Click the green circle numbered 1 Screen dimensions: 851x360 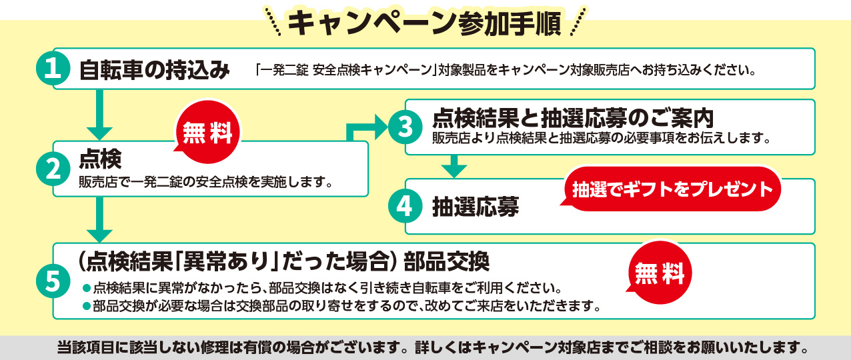tap(53, 69)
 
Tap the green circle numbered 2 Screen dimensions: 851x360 tap(53, 169)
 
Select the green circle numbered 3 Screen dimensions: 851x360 tap(405, 127)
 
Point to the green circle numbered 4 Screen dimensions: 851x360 tap(405, 206)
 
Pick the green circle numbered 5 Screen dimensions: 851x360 tap(53, 281)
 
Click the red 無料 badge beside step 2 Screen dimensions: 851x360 tap(207, 132)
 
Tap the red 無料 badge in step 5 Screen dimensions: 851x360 tap(660, 273)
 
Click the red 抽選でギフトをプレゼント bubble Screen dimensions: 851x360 tap(672, 189)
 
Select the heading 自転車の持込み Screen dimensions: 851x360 tap(155, 70)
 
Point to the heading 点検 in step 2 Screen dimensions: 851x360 tap(100, 159)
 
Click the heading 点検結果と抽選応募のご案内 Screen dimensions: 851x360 tap(573, 118)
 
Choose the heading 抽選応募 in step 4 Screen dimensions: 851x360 tap(476, 207)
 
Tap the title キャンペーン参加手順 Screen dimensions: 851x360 tap(424, 23)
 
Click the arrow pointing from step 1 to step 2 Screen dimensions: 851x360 tap(99, 115)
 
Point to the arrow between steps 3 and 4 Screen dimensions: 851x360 tap(454, 166)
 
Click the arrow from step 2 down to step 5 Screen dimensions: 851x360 tap(99, 219)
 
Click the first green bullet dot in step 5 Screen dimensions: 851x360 tap(87, 288)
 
